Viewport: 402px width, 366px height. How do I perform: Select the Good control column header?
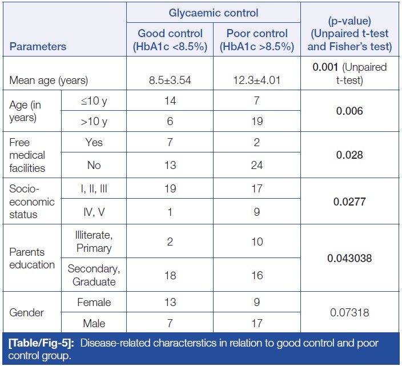pos(170,40)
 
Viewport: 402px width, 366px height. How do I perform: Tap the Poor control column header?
pos(256,40)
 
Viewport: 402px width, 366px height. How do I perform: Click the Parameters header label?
pos(38,47)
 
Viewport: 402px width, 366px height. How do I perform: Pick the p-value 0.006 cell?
pos(349,111)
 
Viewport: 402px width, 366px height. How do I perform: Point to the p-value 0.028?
pos(349,155)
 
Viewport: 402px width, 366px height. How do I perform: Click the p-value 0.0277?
pos(349,201)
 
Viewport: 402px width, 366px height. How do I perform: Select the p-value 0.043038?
pos(349,258)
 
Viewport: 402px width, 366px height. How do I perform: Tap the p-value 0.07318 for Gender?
pos(349,312)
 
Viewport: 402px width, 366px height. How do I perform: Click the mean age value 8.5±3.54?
pos(170,80)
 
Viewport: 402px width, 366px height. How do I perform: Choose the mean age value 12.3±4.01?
pos(256,80)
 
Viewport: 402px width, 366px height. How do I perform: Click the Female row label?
pos(93,301)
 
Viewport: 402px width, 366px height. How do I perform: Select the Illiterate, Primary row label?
pos(93,242)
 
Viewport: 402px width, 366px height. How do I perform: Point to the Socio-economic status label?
pos(32,201)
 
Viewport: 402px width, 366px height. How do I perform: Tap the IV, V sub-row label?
pos(93,212)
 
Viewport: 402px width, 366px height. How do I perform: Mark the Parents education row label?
pos(32,258)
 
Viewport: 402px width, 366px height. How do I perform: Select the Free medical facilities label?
pos(27,155)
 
